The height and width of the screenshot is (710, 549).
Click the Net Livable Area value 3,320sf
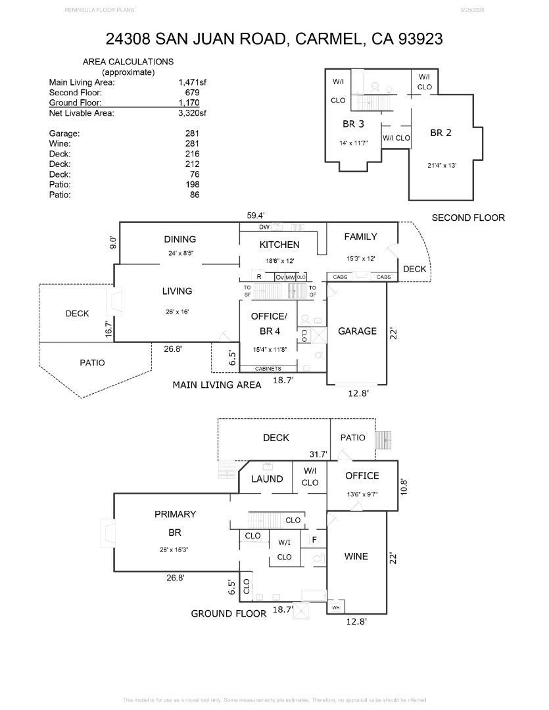click(x=192, y=113)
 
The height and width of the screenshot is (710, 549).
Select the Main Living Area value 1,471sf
click(x=192, y=83)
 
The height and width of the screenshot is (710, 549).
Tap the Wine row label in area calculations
click(x=59, y=143)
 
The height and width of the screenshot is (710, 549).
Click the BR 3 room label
click(x=353, y=124)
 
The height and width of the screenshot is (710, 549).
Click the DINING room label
click(x=179, y=239)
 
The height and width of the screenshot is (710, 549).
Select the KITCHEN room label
click(x=279, y=245)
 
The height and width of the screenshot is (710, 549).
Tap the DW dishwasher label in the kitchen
click(x=264, y=227)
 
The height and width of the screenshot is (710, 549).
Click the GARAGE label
click(x=357, y=331)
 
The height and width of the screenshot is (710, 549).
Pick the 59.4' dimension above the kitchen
click(x=254, y=215)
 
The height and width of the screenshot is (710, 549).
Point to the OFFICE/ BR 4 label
click(x=269, y=322)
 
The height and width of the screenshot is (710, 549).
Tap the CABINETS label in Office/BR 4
click(x=268, y=369)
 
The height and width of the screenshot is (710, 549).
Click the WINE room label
click(x=356, y=556)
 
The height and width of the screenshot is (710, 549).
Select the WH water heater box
click(x=336, y=607)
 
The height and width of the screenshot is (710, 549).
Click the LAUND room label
click(x=267, y=479)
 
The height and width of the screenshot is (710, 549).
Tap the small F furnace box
click(x=315, y=540)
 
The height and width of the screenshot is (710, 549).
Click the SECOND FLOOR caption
click(x=468, y=218)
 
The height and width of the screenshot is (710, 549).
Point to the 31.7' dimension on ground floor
click(x=318, y=454)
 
